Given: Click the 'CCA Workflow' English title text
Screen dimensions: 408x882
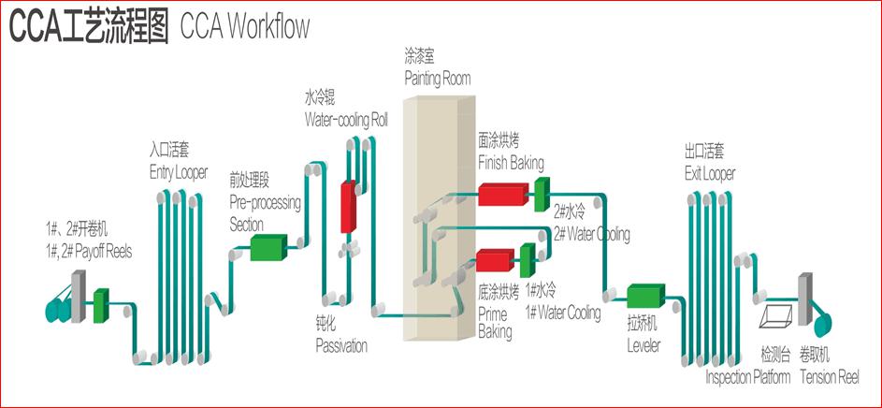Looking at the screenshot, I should [x=241, y=28].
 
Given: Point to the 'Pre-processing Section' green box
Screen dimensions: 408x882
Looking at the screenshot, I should [x=268, y=247].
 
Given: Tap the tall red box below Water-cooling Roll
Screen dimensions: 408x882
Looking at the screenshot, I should [x=348, y=207].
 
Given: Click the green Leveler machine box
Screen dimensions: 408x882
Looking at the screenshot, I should [x=645, y=297].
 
